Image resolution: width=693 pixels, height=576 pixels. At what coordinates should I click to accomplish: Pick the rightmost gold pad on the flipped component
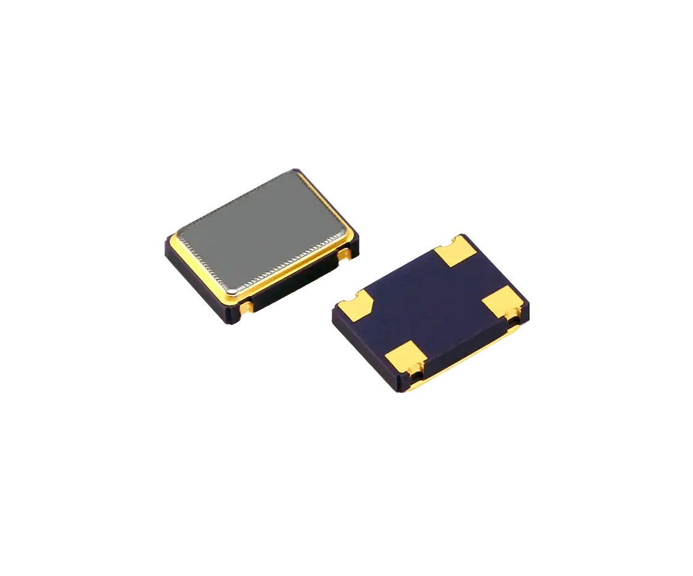pos(502,302)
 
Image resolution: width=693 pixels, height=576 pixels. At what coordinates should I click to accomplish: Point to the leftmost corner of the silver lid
pos(179,235)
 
